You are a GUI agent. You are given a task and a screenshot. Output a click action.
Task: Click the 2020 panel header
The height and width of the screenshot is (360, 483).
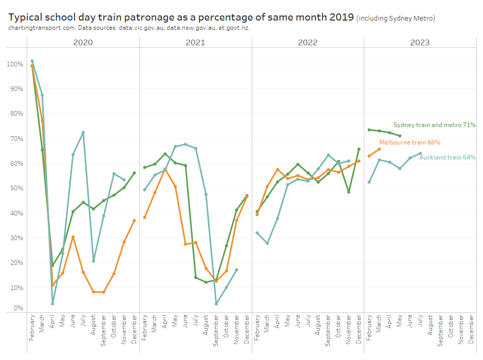tap(83, 42)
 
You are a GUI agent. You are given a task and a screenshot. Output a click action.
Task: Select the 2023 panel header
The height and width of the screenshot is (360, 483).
tap(420, 42)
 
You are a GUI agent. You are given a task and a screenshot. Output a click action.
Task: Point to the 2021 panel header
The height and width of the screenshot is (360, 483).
tap(195, 42)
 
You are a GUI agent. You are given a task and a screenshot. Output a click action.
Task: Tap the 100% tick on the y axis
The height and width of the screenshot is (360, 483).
tap(14, 64)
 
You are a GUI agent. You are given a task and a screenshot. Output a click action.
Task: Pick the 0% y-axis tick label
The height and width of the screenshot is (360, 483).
tap(17, 308)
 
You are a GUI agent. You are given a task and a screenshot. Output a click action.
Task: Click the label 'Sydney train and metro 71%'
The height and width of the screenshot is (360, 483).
tap(434, 125)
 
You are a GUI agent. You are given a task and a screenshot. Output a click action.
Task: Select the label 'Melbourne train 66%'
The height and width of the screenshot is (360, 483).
tap(410, 142)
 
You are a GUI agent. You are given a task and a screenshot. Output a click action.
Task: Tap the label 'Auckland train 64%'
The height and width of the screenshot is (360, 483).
tap(447, 157)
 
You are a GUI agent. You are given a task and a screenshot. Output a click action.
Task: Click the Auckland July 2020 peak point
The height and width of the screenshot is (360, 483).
tap(83, 133)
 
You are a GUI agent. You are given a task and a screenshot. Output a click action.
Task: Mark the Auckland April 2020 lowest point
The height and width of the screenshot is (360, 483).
tap(52, 304)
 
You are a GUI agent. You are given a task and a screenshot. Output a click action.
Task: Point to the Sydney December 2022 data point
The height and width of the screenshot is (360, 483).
tap(359, 149)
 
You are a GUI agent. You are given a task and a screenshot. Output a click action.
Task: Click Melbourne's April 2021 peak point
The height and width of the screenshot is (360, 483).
tap(165, 169)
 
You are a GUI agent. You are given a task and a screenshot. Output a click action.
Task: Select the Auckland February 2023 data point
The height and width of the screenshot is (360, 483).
tap(369, 182)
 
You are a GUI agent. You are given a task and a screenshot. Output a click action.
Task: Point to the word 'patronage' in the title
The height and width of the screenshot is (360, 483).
tap(139, 17)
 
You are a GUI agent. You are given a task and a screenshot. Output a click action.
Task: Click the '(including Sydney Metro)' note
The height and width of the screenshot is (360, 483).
tap(396, 19)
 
